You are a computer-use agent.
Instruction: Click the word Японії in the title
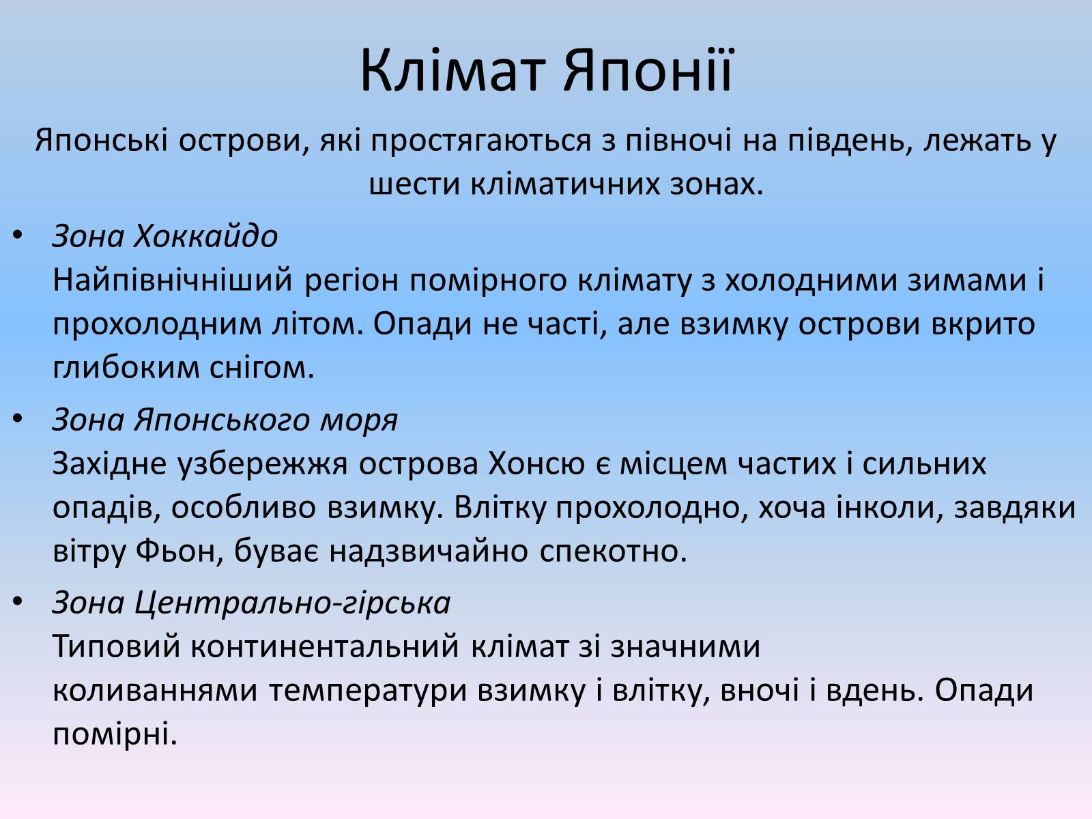coord(648,70)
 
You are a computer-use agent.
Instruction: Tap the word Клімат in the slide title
coord(450,70)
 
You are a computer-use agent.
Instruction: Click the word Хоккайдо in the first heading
coord(205,235)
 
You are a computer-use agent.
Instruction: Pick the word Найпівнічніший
coord(173,281)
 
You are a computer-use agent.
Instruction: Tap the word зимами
coord(967,280)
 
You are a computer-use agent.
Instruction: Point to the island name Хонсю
coord(536,464)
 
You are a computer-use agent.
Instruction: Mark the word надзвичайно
coord(429,551)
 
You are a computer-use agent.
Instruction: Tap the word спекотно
coord(613,551)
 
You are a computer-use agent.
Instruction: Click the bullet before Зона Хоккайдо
coord(18,235)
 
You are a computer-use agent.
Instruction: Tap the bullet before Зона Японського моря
coord(18,420)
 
